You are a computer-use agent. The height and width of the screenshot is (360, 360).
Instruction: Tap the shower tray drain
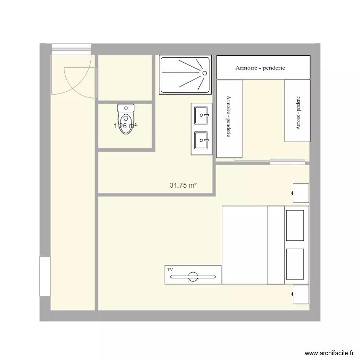(204, 73)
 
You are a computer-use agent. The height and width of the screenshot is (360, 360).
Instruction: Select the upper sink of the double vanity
(202, 114)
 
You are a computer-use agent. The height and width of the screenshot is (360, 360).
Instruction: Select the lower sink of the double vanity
(202, 141)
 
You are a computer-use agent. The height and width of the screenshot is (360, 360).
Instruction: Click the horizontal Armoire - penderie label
(260, 68)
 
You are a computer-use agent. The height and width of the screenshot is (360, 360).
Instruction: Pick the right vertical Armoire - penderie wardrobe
(297, 111)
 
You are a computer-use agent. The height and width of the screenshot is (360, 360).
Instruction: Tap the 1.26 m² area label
(126, 126)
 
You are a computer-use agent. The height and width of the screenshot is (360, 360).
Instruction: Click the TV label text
(170, 270)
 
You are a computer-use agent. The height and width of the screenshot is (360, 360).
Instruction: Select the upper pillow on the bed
(295, 225)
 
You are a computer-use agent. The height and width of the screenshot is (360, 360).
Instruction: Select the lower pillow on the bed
(295, 263)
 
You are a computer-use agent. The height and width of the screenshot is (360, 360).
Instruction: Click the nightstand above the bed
(301, 192)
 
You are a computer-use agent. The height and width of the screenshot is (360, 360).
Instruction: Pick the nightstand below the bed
(301, 294)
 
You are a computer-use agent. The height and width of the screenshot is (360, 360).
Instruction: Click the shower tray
(185, 75)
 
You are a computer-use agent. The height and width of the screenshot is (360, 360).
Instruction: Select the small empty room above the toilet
(125, 77)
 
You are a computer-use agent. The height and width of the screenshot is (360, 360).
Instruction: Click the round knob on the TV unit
(193, 276)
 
